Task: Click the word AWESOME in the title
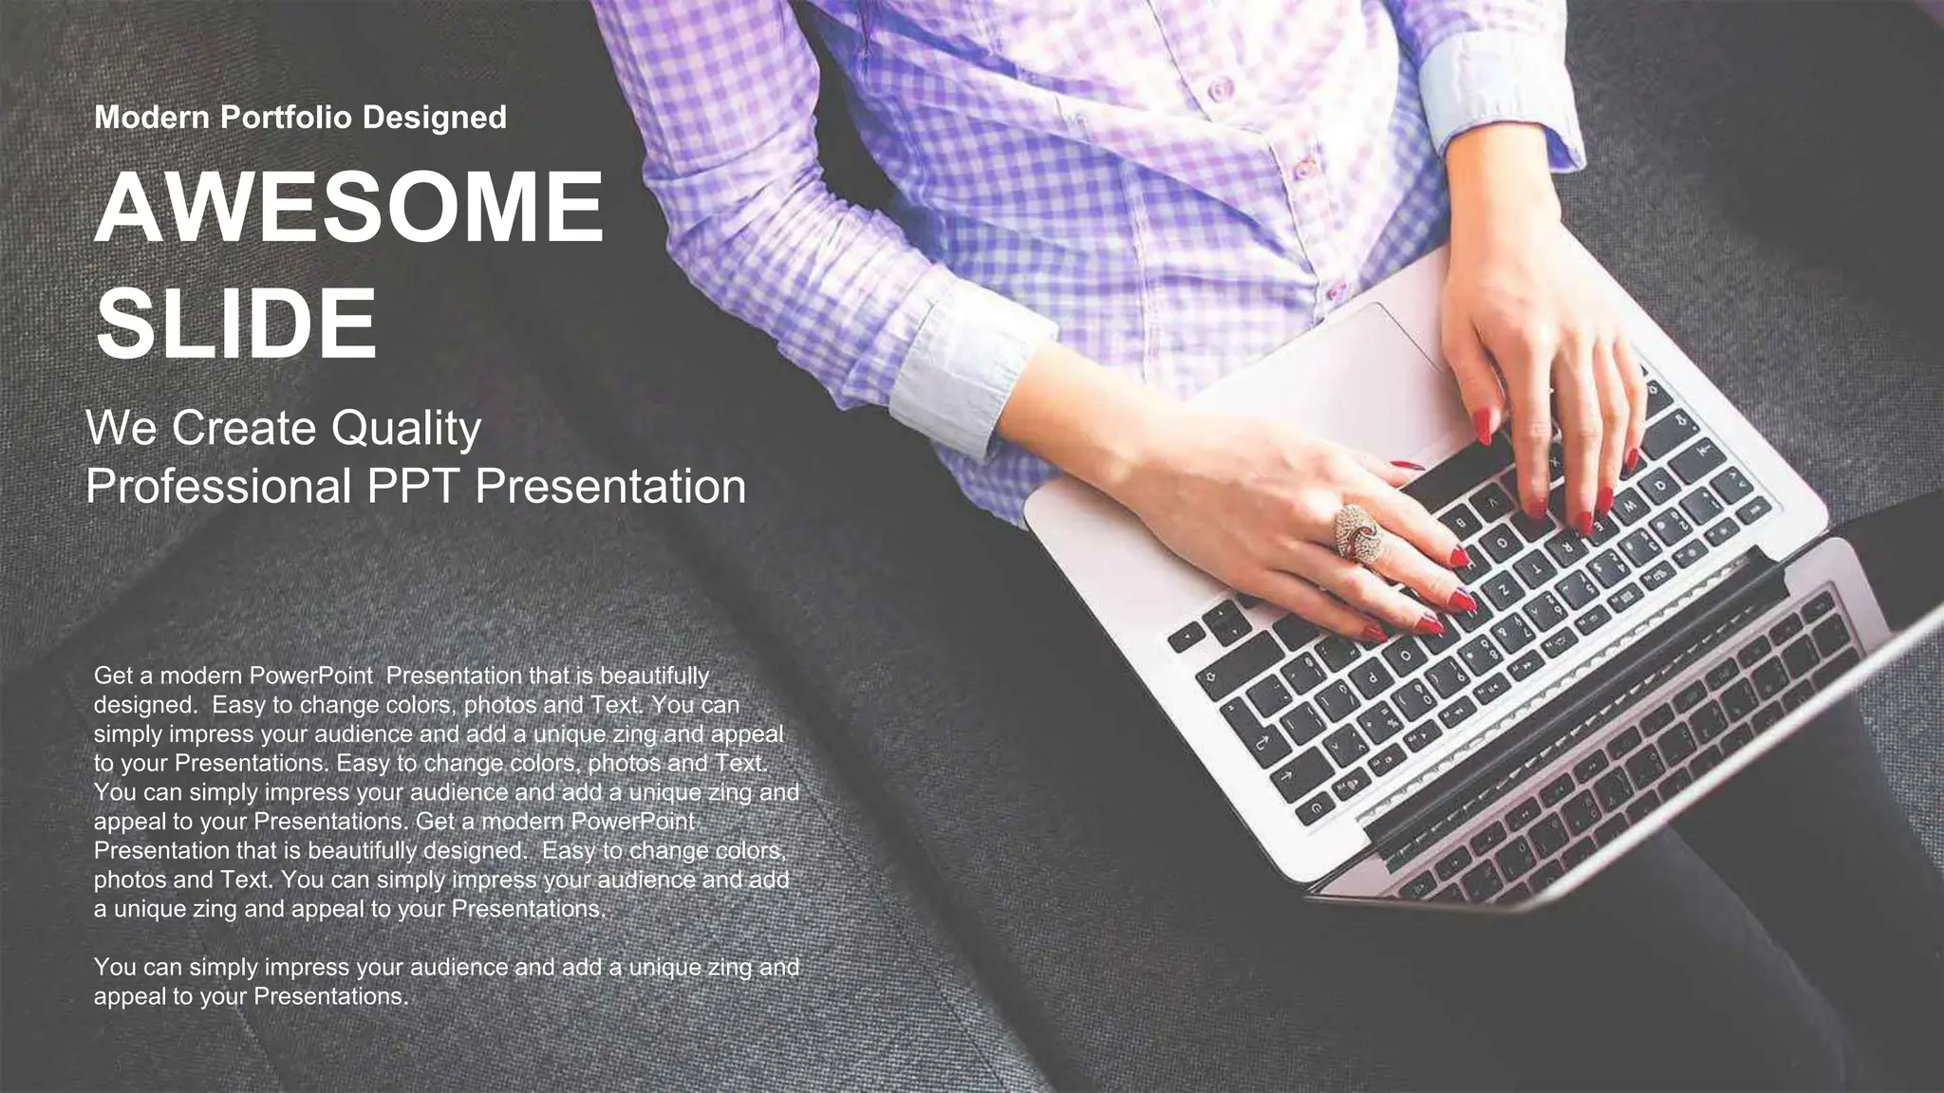pyautogui.click(x=348, y=208)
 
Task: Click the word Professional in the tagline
pyautogui.click(x=218, y=487)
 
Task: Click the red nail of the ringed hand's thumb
pyautogui.click(x=1409, y=466)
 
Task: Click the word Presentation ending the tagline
pyautogui.click(x=609, y=487)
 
